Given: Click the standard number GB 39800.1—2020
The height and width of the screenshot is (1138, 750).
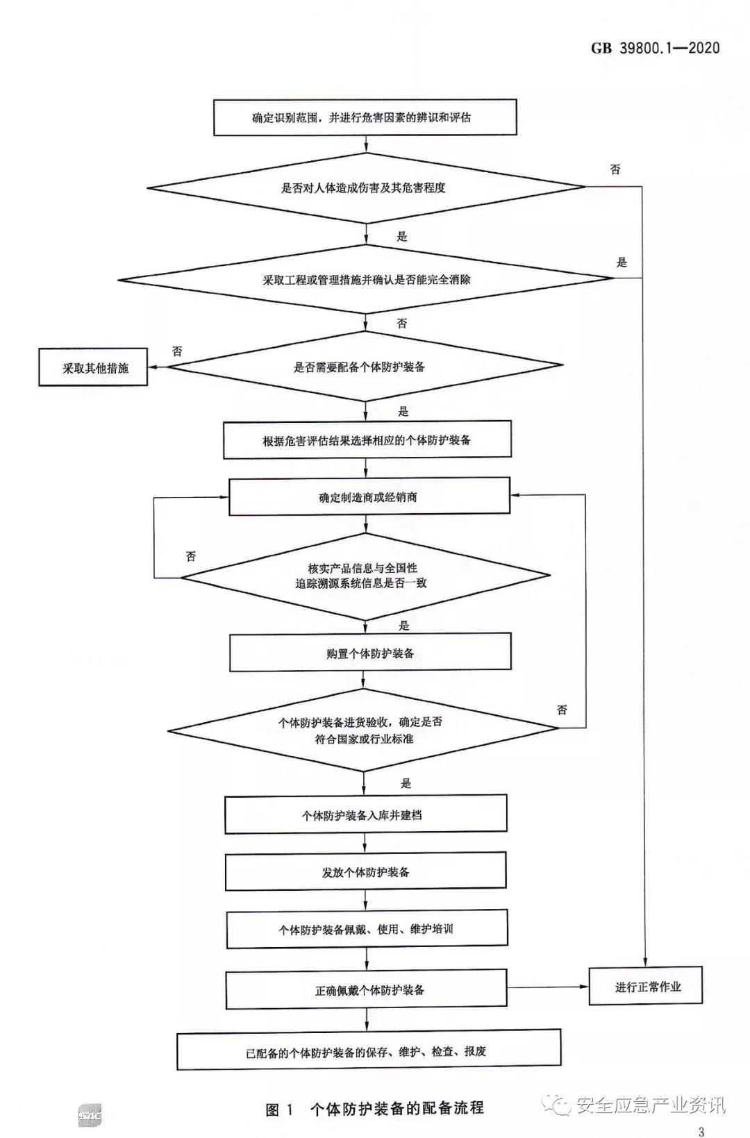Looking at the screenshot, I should [655, 48].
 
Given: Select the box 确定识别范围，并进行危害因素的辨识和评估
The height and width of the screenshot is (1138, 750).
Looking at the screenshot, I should [365, 117].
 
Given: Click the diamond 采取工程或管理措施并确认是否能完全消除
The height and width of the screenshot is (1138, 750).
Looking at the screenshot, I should [366, 279].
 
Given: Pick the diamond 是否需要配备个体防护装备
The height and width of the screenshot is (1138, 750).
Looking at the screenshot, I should [365, 367].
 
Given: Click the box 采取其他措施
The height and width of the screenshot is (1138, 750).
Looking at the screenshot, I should [93, 367].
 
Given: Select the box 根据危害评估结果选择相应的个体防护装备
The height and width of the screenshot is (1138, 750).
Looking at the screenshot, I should [367, 440].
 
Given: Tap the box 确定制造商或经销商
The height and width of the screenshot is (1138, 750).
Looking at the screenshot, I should [369, 496].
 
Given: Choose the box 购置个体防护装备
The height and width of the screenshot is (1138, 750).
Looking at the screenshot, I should [370, 653].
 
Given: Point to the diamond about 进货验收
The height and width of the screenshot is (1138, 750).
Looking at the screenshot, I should [363, 730].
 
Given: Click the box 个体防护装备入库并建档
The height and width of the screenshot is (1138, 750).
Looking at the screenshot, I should [365, 814].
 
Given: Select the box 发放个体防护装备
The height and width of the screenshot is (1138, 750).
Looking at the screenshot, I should [365, 871].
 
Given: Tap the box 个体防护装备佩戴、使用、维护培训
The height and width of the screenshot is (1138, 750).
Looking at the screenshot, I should [367, 929].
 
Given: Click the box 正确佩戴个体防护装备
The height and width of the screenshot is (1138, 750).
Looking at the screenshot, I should [367, 989].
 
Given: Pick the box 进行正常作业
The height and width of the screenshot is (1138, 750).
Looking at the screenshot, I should [646, 986].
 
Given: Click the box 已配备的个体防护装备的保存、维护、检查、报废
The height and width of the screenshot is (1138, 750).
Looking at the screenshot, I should [368, 1051].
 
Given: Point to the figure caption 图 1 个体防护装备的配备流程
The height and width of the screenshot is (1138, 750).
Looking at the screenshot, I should [375, 1108].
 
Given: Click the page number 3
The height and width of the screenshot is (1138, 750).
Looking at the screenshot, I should [701, 1132].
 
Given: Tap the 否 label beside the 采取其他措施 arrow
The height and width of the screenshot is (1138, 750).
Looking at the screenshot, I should [177, 351].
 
